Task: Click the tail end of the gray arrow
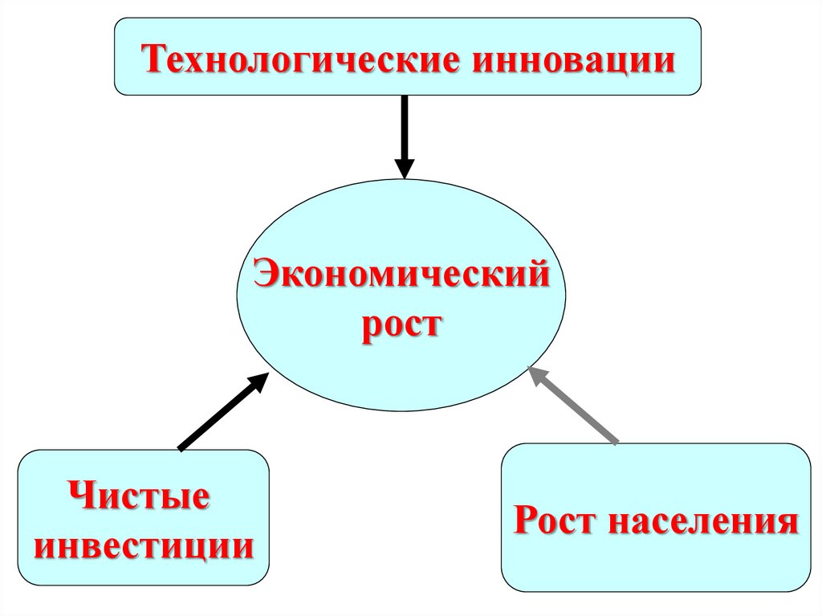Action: pos(616,442)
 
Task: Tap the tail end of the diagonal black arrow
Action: pos(181,448)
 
